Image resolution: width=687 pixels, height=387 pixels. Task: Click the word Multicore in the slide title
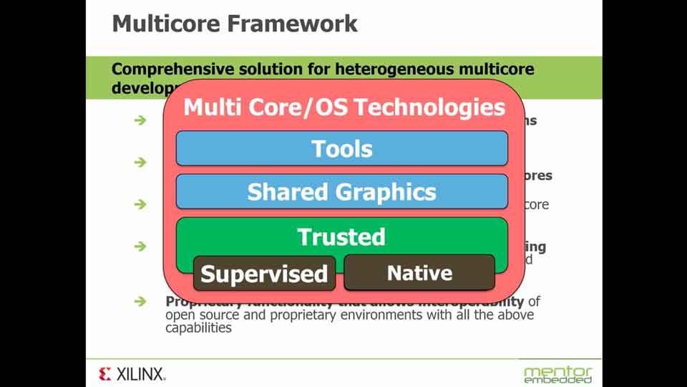coord(166,23)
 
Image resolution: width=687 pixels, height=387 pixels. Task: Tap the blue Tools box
coord(341,149)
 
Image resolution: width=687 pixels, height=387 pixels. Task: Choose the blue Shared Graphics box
coord(341,192)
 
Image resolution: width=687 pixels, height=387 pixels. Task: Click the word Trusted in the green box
coord(341,236)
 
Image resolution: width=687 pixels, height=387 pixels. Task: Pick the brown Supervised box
coord(264,273)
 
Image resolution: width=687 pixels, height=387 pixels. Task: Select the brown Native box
coord(419,272)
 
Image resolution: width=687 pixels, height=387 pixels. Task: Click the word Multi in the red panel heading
coord(210,107)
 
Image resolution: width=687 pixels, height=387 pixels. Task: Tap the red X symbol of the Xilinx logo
coord(105,373)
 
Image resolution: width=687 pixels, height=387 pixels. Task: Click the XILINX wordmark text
coord(141,373)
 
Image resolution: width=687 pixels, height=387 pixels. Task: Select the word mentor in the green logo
coord(558,371)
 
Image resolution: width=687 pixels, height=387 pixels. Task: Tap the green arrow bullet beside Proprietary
coord(140,302)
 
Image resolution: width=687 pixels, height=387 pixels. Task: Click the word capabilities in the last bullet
coord(199,328)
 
